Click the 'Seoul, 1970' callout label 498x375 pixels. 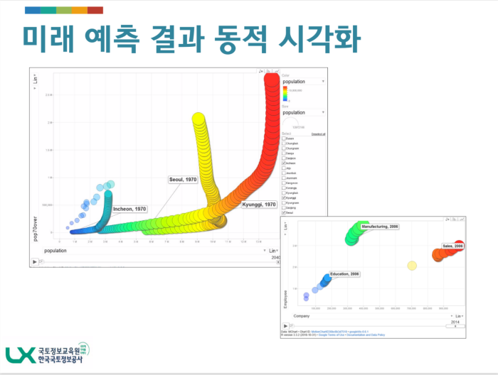point(183,180)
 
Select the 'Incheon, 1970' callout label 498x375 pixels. point(129,209)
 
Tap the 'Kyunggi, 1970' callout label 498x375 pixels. point(259,205)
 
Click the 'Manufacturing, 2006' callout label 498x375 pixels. point(380,227)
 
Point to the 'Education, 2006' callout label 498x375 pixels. point(345,274)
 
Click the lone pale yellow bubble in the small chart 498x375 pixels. point(411,266)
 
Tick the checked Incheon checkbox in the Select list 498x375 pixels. point(284,163)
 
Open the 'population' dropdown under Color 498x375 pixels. point(303,82)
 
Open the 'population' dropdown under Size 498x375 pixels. point(303,112)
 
